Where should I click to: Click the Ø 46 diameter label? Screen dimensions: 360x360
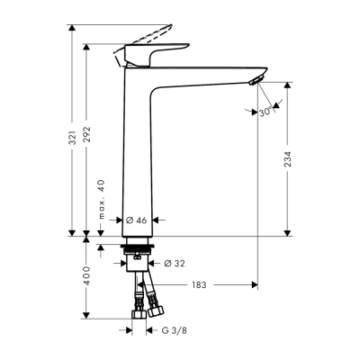pos(137,219)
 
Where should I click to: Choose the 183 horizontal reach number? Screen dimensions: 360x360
pos(199,285)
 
